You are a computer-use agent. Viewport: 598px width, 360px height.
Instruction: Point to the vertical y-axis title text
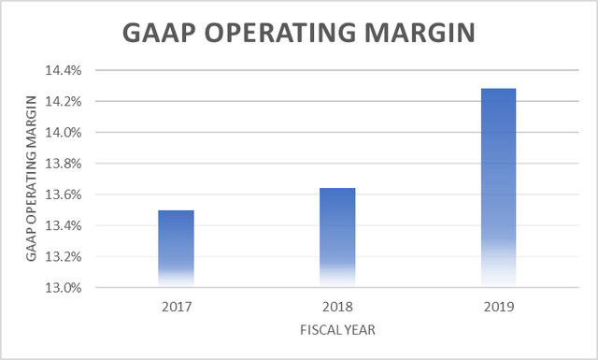31,179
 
